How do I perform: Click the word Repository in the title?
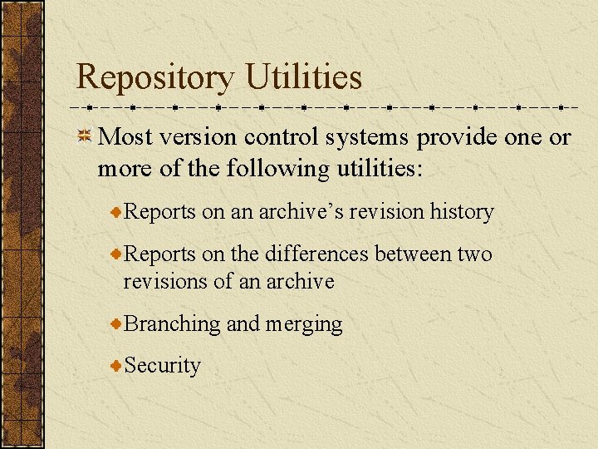155,78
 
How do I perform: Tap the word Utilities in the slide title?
304,77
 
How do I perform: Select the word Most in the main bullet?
125,137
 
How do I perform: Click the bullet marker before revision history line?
117,212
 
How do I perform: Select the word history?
462,212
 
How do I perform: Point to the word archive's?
301,212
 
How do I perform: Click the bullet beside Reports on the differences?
117,254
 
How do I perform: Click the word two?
475,254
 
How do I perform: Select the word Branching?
173,324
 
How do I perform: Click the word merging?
304,324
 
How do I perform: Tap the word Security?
163,366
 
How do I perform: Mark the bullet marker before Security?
117,366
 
